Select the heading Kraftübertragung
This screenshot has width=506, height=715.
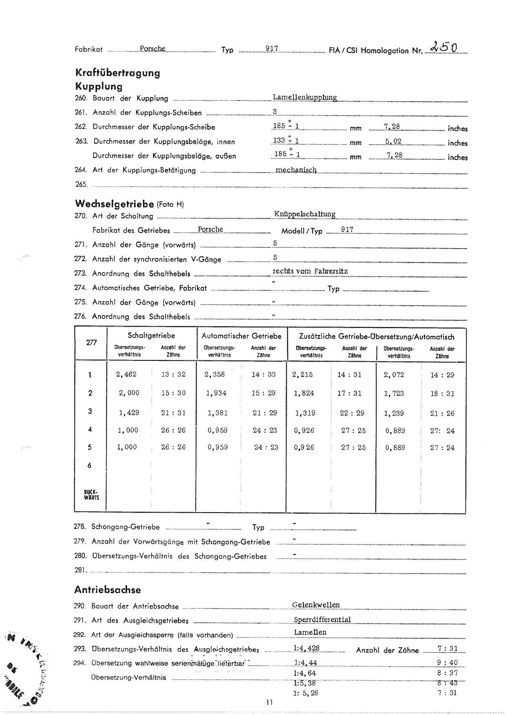(x=118, y=73)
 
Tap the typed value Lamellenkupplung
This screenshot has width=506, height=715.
(x=305, y=98)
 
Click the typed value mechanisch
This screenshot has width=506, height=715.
(x=296, y=170)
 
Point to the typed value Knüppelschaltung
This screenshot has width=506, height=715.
(x=305, y=214)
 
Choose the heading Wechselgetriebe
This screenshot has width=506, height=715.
(x=114, y=204)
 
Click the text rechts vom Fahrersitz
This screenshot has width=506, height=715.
(x=310, y=271)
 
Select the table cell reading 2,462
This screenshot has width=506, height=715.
(x=126, y=374)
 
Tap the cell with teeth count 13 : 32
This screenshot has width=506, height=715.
(x=173, y=374)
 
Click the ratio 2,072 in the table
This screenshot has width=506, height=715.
(x=393, y=375)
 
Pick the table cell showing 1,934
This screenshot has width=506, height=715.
(x=216, y=393)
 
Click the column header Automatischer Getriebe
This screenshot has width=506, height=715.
(x=242, y=336)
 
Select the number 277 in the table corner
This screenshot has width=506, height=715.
(x=91, y=342)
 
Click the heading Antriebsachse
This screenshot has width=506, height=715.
(x=107, y=590)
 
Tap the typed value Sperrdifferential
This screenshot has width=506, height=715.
(x=322, y=620)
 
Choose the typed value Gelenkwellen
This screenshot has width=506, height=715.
(x=316, y=605)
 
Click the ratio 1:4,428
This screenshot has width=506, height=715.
(x=306, y=648)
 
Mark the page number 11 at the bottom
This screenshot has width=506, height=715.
(x=269, y=702)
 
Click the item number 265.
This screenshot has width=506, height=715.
(x=81, y=184)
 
